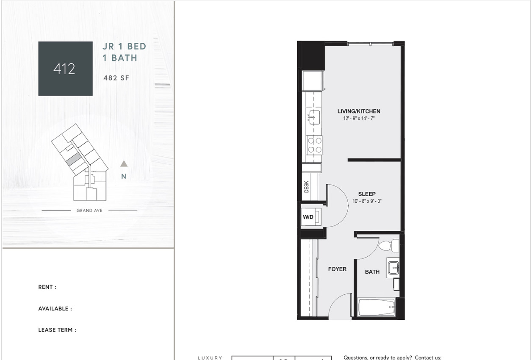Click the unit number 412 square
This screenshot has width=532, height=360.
click(x=65, y=69)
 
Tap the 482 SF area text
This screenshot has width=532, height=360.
click(x=116, y=78)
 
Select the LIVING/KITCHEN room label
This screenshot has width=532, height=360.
click(x=359, y=111)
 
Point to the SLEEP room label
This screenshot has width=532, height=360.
click(x=367, y=194)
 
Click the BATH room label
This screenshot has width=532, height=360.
click(x=372, y=272)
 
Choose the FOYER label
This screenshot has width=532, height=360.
click(x=337, y=269)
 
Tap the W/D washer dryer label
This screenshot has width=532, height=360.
click(x=308, y=217)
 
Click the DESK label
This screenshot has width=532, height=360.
click(x=307, y=187)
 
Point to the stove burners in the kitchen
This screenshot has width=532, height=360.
click(x=314, y=145)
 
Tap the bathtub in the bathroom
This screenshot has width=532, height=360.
click(x=377, y=307)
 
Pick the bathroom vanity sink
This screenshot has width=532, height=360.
click(x=393, y=267)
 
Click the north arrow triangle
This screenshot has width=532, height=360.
click(x=124, y=163)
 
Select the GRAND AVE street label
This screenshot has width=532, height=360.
click(x=89, y=210)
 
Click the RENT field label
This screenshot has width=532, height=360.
click(x=47, y=287)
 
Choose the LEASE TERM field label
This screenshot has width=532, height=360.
click(x=57, y=330)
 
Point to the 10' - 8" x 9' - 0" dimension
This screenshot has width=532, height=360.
click(x=367, y=202)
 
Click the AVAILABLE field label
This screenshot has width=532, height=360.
click(x=55, y=309)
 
